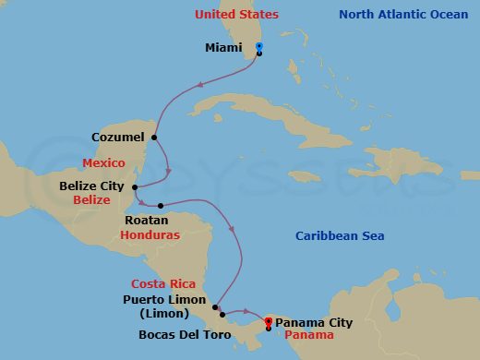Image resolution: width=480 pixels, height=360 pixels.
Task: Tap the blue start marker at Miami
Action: [x=259, y=46]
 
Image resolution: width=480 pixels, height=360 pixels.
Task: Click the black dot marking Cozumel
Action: [x=153, y=138]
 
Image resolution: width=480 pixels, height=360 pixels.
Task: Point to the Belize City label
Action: [x=90, y=186]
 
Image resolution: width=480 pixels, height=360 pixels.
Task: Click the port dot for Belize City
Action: [x=135, y=187]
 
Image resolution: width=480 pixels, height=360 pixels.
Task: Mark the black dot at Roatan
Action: [x=161, y=206]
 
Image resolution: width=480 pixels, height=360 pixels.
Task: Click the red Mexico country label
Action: [x=103, y=162]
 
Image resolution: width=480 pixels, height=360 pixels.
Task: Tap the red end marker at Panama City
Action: [x=268, y=321]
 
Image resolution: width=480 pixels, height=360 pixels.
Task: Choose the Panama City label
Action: [x=314, y=322]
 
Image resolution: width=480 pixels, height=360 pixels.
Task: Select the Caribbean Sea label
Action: [x=340, y=236]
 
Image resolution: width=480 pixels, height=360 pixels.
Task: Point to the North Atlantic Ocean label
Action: [x=404, y=15]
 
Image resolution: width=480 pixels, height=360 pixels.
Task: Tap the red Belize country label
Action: [x=91, y=199]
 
